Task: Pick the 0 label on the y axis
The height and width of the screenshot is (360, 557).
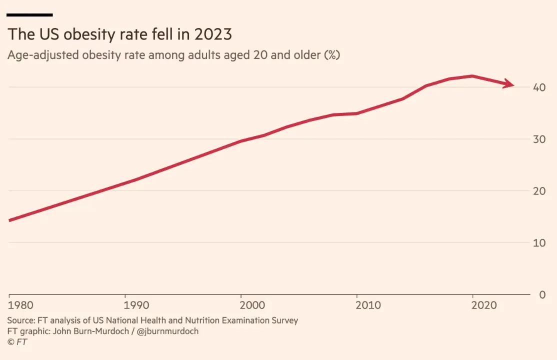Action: [x=542, y=294]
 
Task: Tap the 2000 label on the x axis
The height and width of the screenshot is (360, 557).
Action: [x=241, y=305]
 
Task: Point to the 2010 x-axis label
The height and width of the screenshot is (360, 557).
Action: [x=357, y=305]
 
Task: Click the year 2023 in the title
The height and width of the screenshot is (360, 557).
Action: [x=213, y=34]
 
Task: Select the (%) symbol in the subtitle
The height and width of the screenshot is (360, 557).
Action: [x=332, y=55]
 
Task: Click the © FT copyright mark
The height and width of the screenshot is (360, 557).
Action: [x=17, y=342]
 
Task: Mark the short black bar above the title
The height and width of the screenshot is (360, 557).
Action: [x=30, y=15]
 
